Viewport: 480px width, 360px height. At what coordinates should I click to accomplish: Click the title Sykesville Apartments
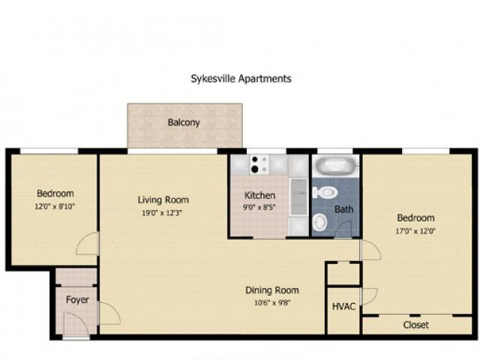point(241,79)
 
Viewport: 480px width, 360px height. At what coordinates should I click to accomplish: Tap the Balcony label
point(184,122)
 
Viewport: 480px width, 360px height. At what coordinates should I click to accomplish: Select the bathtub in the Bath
point(336,166)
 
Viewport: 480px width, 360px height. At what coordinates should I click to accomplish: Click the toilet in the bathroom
point(325,193)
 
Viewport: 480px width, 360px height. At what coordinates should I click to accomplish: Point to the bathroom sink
point(320,222)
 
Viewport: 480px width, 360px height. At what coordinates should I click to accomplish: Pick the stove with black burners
point(259,165)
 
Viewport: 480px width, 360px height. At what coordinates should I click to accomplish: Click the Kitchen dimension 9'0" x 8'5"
point(259,208)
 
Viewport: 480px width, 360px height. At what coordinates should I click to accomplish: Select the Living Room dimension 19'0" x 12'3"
point(162,213)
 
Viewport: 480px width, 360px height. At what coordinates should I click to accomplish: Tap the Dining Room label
point(272,290)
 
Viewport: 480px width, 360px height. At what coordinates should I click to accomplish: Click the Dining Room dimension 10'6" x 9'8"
point(272,303)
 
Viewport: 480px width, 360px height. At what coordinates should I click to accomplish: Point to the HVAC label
point(343,307)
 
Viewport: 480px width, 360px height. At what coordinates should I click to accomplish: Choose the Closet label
point(415,325)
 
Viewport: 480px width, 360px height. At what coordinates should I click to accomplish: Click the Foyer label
point(77,300)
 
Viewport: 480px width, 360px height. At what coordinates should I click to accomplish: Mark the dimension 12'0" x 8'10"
point(55,206)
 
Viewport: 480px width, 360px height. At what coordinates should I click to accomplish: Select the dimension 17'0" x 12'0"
point(415,231)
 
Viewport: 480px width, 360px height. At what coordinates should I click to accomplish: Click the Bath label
point(343,209)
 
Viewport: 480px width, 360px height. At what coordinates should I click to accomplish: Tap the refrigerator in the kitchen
point(298,196)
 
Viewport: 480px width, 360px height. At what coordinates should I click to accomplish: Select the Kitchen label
point(259,195)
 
